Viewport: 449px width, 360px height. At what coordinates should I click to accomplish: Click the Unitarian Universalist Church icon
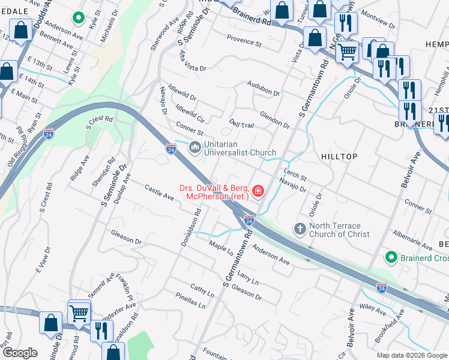(194, 147)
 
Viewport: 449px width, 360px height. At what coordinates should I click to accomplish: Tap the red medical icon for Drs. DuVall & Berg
(259, 191)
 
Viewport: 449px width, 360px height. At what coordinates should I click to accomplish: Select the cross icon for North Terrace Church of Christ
(300, 229)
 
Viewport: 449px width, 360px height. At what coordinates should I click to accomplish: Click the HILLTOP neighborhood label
(340, 157)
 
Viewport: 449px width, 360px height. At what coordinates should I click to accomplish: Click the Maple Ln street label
(220, 245)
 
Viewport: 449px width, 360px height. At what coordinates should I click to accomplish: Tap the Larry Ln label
(247, 278)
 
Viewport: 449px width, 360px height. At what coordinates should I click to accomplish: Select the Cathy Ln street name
(202, 292)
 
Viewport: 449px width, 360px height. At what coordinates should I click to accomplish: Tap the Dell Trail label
(242, 123)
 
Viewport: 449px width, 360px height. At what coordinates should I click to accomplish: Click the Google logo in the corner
(20, 352)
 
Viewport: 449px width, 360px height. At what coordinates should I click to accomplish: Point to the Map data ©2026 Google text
(412, 355)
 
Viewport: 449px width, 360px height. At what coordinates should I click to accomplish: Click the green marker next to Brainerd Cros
(391, 257)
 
